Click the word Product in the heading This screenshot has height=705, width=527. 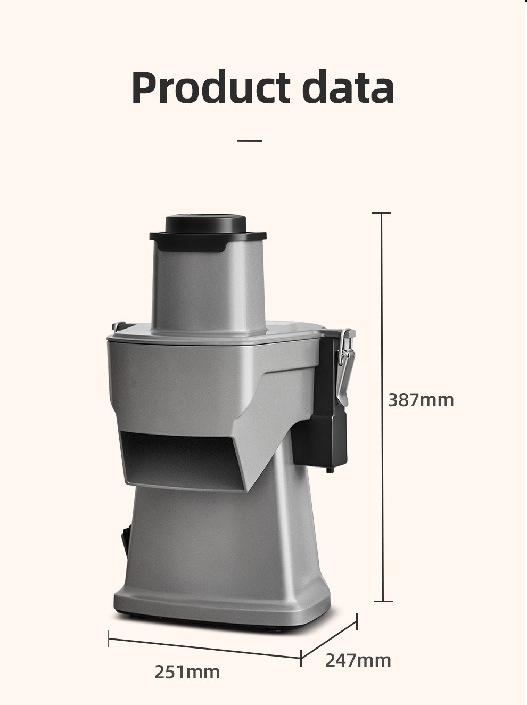[x=211, y=87]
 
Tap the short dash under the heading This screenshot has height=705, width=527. [x=250, y=141]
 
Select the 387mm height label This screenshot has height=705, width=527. [x=421, y=400]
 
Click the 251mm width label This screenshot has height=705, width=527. [x=187, y=672]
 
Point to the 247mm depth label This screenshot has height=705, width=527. [x=358, y=660]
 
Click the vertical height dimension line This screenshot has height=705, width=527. [x=382, y=407]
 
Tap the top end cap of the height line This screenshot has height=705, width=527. [x=382, y=213]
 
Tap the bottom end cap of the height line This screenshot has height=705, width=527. [x=383, y=601]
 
